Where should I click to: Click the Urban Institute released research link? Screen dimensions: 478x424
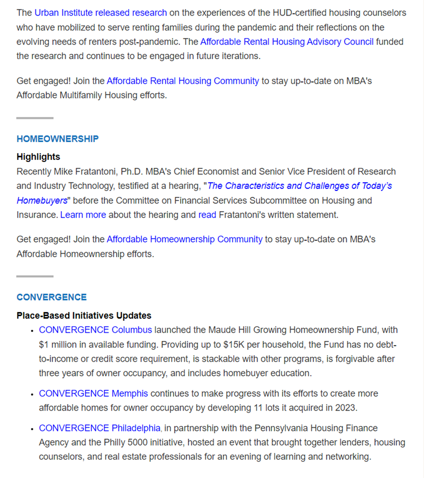100,13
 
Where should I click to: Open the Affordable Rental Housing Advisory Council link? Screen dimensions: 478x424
287,42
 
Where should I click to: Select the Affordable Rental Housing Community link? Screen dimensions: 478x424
183,81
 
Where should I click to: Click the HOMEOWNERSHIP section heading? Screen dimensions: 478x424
57,139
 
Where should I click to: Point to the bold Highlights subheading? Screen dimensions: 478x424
38,157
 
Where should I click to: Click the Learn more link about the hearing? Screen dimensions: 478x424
83,215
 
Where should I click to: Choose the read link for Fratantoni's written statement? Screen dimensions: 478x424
207,215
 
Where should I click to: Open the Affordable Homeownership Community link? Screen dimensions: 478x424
184,239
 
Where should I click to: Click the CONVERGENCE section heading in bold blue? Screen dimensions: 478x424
51,297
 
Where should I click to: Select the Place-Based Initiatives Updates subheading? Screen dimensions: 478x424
84,315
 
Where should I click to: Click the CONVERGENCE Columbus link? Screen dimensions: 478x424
95,330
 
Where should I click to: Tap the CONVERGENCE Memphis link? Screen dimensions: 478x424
93,393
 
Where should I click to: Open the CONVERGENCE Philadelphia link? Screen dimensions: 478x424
100,428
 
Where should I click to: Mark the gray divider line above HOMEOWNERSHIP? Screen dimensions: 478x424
35,118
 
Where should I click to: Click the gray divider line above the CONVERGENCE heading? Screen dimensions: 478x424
35,276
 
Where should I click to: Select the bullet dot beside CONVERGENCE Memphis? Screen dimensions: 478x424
32,394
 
